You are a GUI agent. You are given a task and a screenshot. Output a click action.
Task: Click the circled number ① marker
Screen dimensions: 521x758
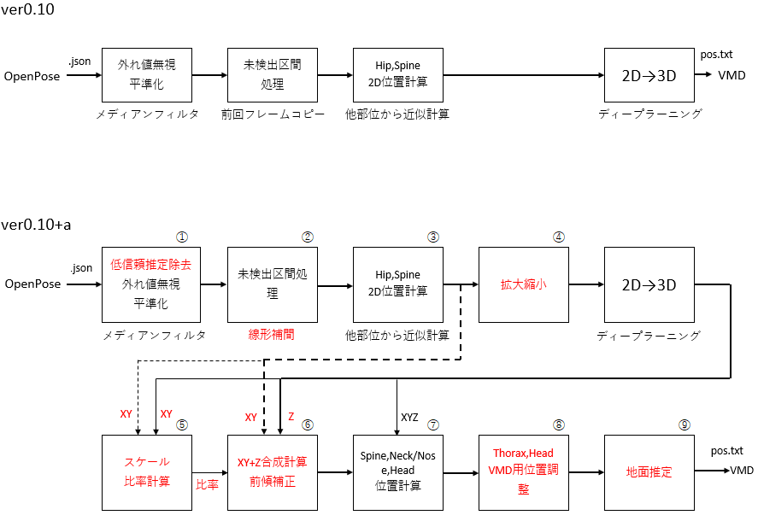point(181,237)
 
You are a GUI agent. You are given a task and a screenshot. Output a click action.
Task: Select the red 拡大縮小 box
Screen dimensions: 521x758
point(523,284)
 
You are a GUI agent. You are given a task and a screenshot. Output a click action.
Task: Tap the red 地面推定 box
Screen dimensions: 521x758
point(649,471)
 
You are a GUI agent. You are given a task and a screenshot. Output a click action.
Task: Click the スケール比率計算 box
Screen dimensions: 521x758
point(146,471)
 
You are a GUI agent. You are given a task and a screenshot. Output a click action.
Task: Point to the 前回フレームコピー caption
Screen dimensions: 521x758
point(272,114)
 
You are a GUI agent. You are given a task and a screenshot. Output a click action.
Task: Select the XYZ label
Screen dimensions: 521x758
point(410,418)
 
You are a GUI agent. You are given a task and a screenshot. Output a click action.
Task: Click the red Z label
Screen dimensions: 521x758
point(291,418)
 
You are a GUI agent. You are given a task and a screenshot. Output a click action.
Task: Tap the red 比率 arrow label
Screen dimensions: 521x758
point(207,484)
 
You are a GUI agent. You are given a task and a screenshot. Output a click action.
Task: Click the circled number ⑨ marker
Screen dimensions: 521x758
point(684,424)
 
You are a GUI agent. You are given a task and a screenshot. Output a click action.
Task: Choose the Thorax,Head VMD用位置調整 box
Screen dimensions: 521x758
point(523,471)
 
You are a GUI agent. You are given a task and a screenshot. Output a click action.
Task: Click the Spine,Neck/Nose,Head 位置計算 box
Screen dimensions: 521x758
point(397,471)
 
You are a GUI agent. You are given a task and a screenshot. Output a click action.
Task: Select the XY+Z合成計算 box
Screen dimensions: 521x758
point(272,471)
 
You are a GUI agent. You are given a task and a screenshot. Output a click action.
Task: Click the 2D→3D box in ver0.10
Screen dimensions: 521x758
point(649,75)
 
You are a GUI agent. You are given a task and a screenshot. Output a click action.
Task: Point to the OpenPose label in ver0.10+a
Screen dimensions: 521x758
point(32,284)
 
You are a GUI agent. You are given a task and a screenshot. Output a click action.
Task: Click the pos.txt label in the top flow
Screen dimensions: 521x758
point(716,54)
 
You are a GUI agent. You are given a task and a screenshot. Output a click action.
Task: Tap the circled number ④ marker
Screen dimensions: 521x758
point(558,237)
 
